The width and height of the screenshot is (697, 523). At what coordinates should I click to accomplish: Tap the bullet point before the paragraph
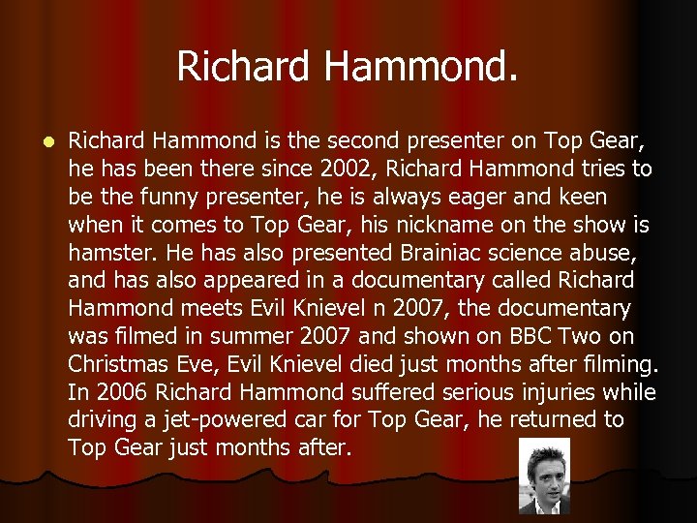point(38,141)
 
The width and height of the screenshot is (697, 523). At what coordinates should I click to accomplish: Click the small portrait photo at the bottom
point(543,476)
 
